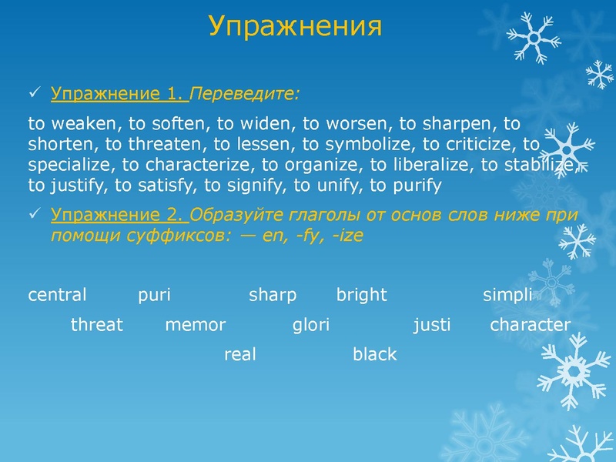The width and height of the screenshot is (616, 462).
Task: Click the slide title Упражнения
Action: (x=295, y=27)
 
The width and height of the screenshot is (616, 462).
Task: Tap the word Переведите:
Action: (x=245, y=94)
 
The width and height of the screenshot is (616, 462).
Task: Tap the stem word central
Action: (x=57, y=295)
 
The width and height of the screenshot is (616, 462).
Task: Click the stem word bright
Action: (x=361, y=295)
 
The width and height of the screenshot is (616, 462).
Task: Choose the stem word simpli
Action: (x=507, y=295)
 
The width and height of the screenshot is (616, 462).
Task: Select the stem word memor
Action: (x=195, y=325)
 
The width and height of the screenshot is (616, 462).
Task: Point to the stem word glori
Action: (x=311, y=325)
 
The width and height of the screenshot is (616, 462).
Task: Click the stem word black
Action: (x=374, y=354)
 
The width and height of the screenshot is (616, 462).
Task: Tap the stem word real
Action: (x=239, y=354)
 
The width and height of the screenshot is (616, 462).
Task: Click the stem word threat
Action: (x=96, y=325)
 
